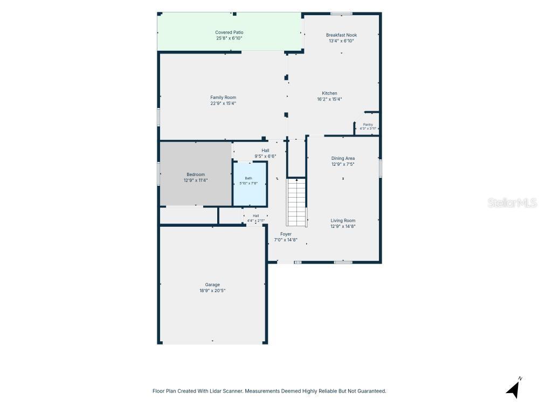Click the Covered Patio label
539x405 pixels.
click(x=229, y=32)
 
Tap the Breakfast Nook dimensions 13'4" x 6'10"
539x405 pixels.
click(x=341, y=41)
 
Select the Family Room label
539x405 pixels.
click(x=223, y=97)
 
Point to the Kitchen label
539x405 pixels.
click(x=329, y=93)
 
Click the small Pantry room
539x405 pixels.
click(x=368, y=124)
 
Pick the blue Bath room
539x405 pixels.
click(x=250, y=184)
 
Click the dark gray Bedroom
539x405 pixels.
click(x=196, y=174)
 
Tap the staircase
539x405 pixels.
click(x=296, y=202)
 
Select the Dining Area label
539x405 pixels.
click(x=343, y=158)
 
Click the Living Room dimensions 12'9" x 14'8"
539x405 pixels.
click(x=343, y=227)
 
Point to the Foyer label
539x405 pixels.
click(x=286, y=234)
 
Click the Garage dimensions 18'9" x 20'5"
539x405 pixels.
click(x=212, y=291)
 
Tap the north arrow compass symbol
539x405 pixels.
click(x=514, y=389)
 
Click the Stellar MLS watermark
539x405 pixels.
click(x=512, y=203)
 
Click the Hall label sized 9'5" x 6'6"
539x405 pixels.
click(x=265, y=151)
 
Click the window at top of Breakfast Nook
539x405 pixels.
click(x=341, y=14)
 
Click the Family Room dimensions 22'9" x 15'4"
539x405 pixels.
click(x=223, y=103)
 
